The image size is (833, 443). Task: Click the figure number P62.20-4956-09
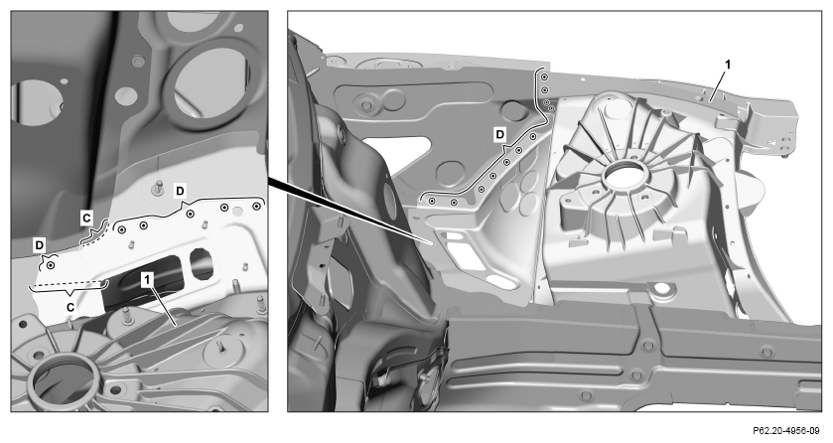[789, 430]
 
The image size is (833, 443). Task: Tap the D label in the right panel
[500, 135]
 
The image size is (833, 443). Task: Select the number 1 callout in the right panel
[728, 65]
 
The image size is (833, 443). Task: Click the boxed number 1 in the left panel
[148, 278]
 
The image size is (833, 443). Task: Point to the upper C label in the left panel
[86, 218]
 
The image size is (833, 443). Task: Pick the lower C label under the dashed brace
[69, 307]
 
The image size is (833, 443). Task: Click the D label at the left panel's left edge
[40, 245]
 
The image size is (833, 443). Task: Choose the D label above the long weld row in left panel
[181, 190]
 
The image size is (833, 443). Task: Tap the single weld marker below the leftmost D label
[51, 264]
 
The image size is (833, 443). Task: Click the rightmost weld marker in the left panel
[256, 206]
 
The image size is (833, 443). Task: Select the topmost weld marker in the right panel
[544, 78]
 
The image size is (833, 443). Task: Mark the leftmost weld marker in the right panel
[432, 202]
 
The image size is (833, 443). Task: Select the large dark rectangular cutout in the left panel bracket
[143, 282]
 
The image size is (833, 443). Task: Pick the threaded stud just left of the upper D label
[158, 188]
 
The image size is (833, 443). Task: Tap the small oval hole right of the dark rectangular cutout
[202, 264]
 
